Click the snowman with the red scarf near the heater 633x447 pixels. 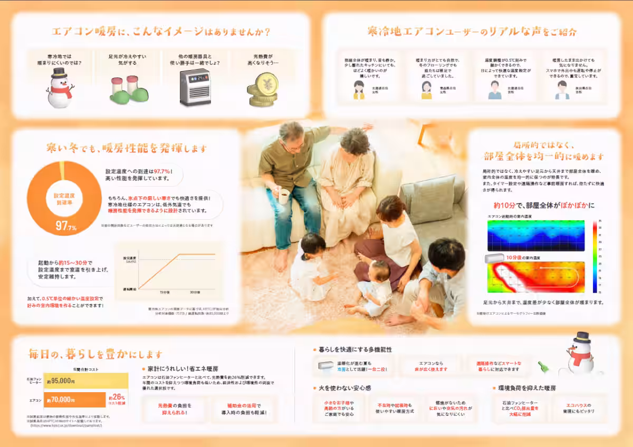tap(60, 88)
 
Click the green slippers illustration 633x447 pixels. tap(129, 91)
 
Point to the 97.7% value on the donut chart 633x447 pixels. tap(66, 227)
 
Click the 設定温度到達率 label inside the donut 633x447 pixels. tap(64, 199)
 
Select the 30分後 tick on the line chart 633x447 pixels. tap(195, 292)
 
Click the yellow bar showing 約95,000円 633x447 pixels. tap(86, 381)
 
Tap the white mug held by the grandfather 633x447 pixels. tap(283, 196)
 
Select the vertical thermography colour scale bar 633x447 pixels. tap(594, 256)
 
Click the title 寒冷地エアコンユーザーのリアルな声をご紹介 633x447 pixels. tap(472, 32)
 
